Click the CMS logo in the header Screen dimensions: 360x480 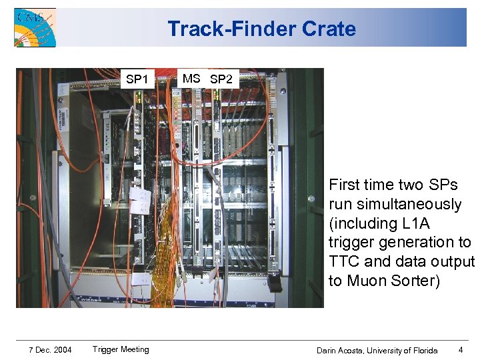pyautogui.click(x=35, y=27)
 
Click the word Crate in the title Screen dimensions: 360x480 pyautogui.click(x=329, y=29)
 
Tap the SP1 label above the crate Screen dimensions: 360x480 pyautogui.click(x=137, y=79)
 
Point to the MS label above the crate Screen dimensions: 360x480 pyautogui.click(x=191, y=79)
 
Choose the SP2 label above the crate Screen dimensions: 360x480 pyautogui.click(x=221, y=79)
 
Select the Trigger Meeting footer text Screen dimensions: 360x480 pyautogui.click(x=121, y=349)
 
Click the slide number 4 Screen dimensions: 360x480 pyautogui.click(x=461, y=349)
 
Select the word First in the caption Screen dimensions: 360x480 pyautogui.click(x=344, y=185)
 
